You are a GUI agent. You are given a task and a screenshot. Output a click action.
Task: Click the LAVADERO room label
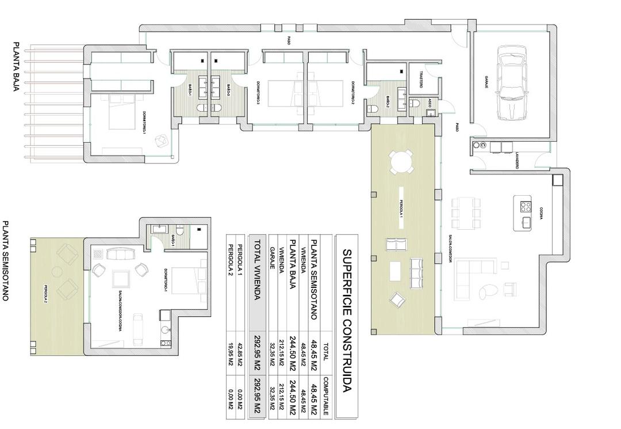pyautogui.click(x=517, y=161)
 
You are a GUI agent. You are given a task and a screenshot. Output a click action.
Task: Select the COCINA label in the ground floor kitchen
pyautogui.click(x=541, y=214)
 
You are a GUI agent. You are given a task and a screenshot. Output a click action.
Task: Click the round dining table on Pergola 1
pyautogui.click(x=401, y=162)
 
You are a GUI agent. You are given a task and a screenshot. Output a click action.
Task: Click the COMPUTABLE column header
pyautogui.click(x=325, y=396)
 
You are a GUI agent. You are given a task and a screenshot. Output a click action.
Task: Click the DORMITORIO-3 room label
pyautogui.click(x=258, y=92)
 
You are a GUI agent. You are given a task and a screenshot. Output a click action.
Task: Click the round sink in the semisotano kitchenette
pyautogui.click(x=165, y=330)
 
